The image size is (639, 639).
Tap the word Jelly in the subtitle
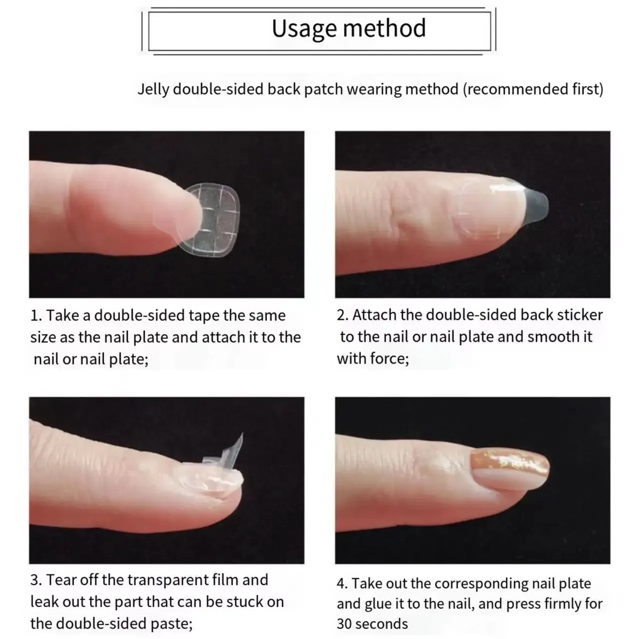(x=153, y=89)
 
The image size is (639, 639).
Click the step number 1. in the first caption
(x=36, y=316)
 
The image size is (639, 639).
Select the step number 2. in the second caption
(x=342, y=316)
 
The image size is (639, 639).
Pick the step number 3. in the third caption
(x=36, y=580)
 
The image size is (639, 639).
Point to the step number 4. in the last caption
(x=342, y=584)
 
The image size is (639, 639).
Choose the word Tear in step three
(x=60, y=580)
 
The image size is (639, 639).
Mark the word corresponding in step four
(x=482, y=584)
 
